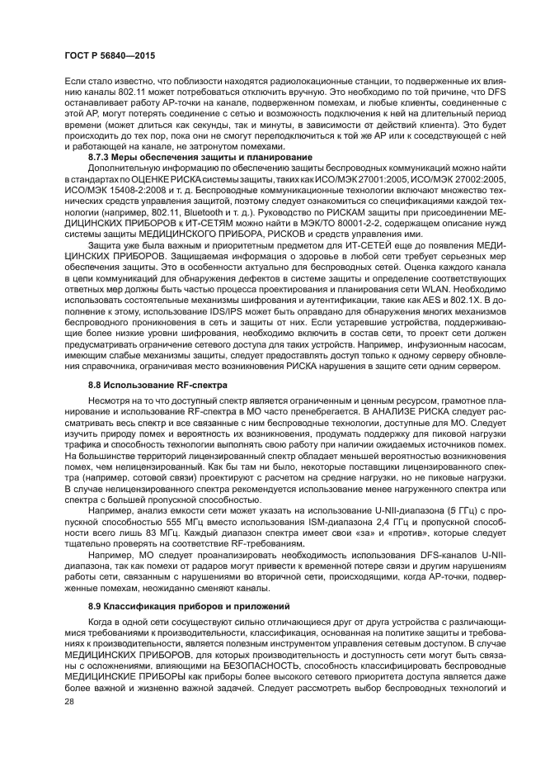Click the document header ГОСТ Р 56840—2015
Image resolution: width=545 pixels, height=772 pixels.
[x=110, y=55]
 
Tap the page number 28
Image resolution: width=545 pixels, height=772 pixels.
[x=69, y=700]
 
